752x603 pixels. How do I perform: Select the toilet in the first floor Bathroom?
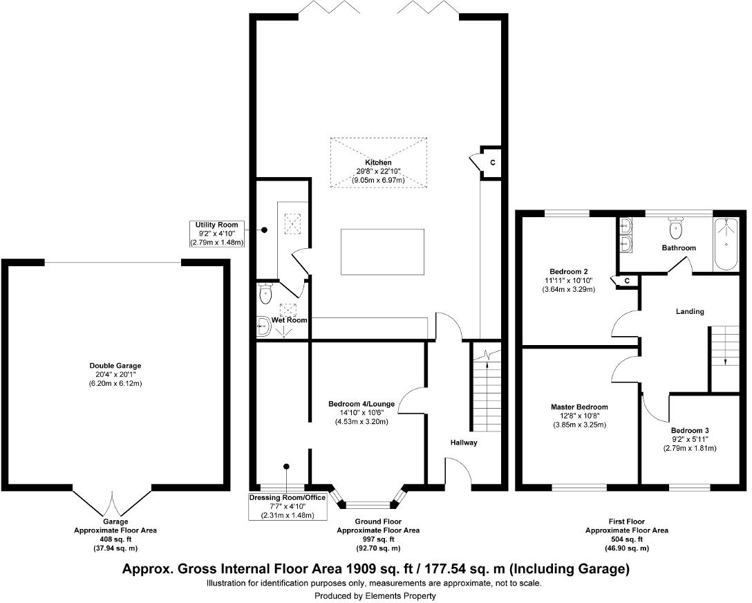pos(675,228)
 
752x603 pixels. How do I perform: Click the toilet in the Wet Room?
pos(265,295)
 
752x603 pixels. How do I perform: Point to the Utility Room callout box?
pos(216,234)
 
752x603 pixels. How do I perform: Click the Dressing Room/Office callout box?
pos(288,506)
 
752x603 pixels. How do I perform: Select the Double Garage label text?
pos(115,365)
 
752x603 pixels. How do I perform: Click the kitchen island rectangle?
pos(382,252)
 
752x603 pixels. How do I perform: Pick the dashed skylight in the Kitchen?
pos(377,162)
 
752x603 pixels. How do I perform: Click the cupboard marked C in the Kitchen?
pos(491,163)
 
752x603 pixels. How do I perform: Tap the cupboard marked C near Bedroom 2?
pos(626,281)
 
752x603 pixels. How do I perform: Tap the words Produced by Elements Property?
pos(375,595)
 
